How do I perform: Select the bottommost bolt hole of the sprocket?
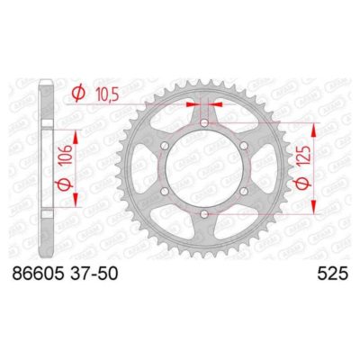coord(204,213)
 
